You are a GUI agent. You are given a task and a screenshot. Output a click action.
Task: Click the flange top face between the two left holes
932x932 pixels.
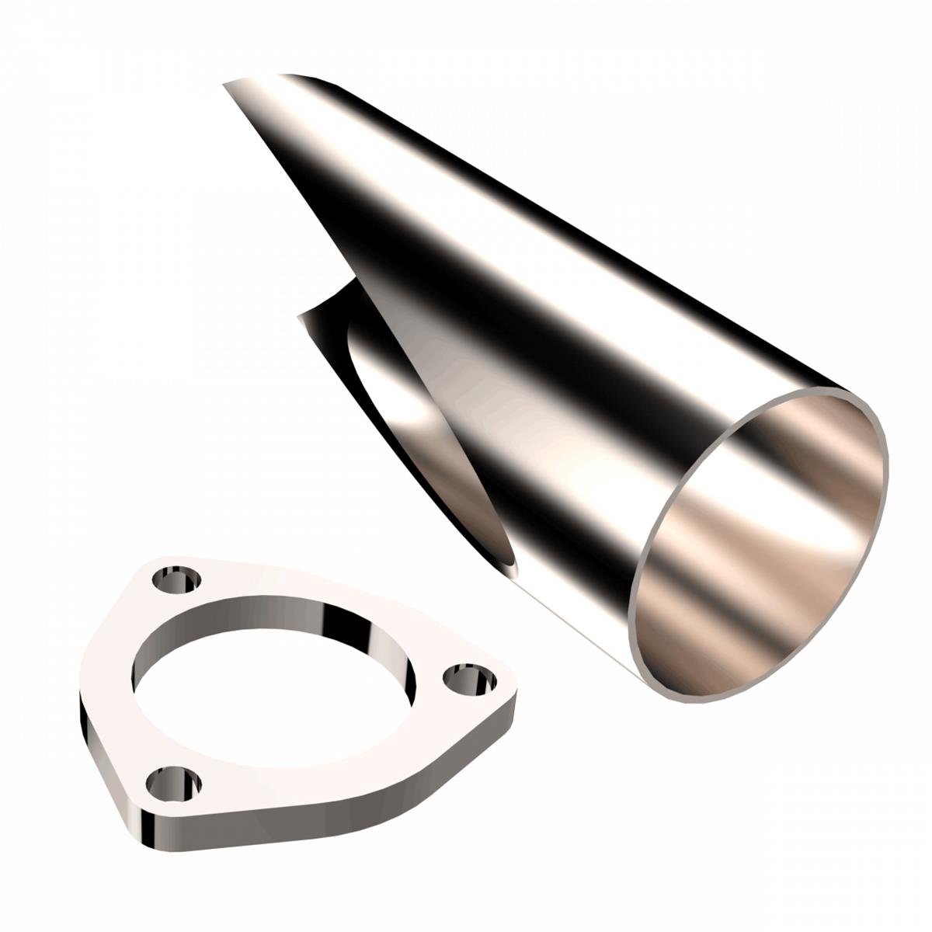(124, 683)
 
